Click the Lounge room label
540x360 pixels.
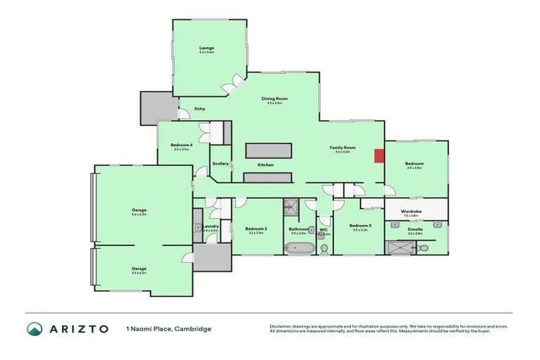coord(206,49)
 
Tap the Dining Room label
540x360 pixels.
coord(274,98)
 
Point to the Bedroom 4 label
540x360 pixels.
coord(181,145)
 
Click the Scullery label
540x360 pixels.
coord(220,164)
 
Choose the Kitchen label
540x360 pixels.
coord(265,165)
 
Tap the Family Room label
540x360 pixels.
coord(343,148)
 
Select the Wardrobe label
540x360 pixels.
coord(411,211)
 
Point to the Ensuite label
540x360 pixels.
coord(415,229)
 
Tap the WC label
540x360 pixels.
coord(323,229)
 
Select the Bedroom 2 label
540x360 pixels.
coord(256,229)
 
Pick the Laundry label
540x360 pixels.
coord(210,226)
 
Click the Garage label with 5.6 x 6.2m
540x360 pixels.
coord(139,210)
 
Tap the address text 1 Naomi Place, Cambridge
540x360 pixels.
coord(168,328)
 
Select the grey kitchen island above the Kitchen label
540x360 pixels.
coord(268,150)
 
